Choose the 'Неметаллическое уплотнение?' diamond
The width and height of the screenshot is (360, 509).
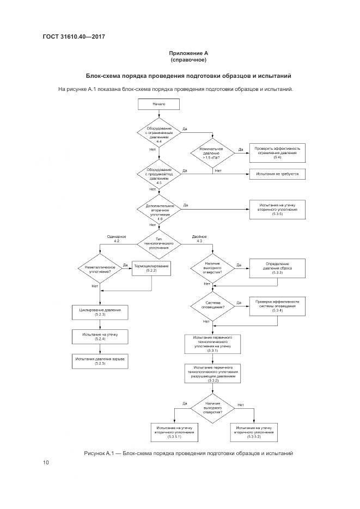pos(99,271)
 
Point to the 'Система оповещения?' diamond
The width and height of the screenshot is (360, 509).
pos(212,306)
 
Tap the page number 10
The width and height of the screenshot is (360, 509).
pos(46,463)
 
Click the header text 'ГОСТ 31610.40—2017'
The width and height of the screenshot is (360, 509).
pos(74,36)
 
